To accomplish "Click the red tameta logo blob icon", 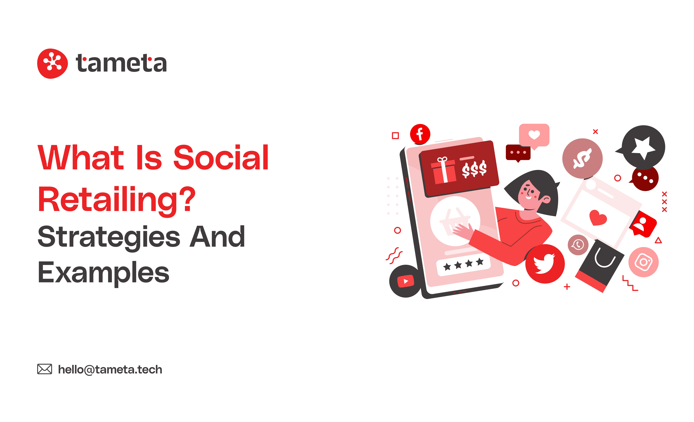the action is point(52,64).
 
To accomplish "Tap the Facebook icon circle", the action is point(420,134).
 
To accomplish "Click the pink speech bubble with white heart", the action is point(534,136).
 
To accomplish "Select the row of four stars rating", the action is point(463,264).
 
